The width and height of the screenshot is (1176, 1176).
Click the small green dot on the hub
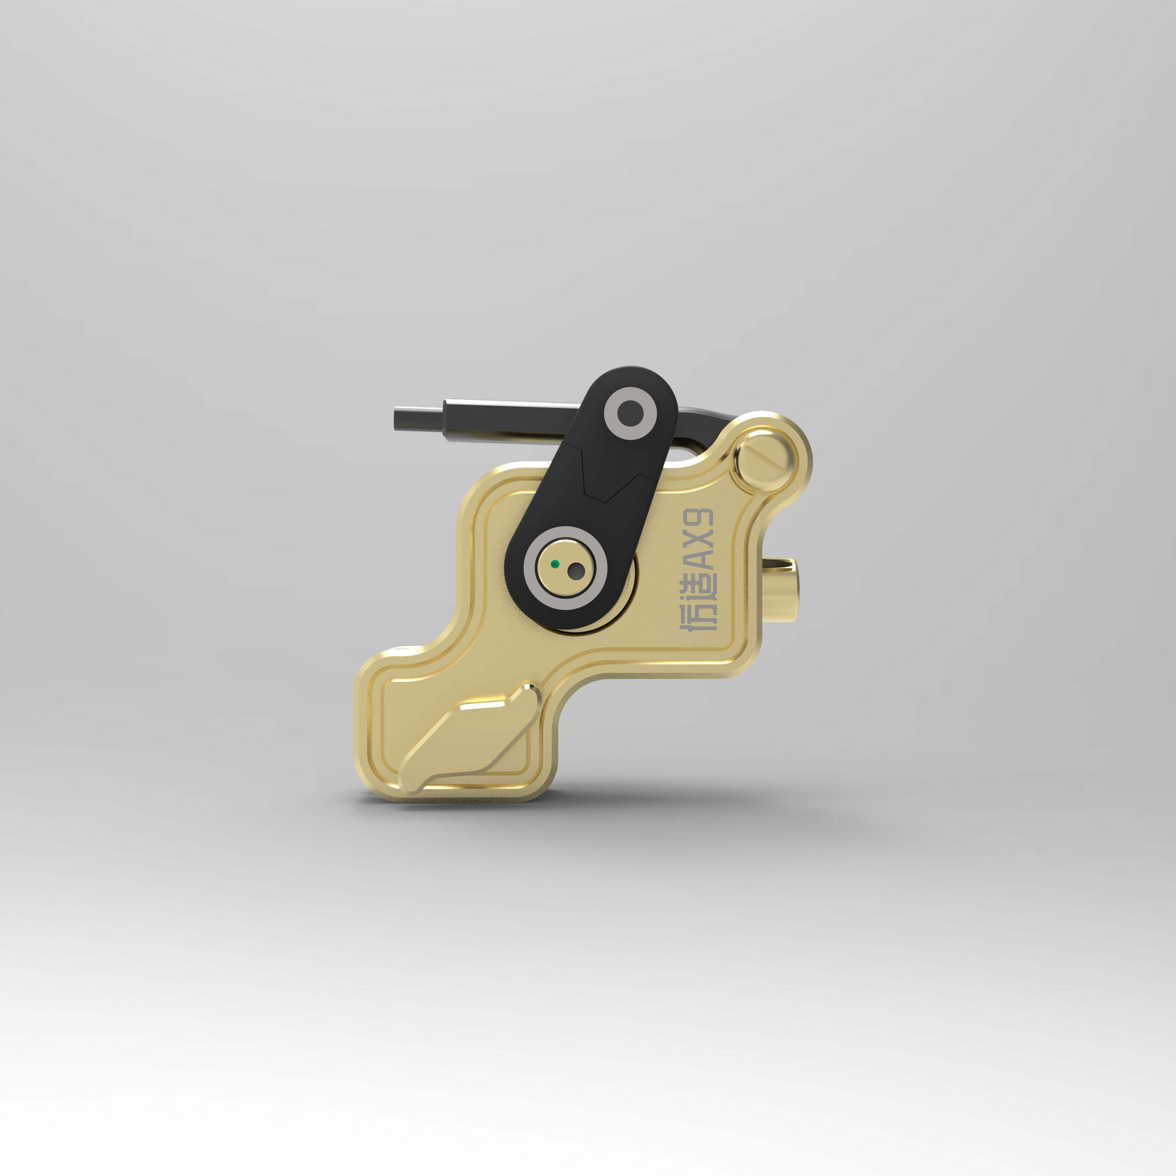[554, 564]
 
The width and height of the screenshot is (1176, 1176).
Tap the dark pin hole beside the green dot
[575, 571]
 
